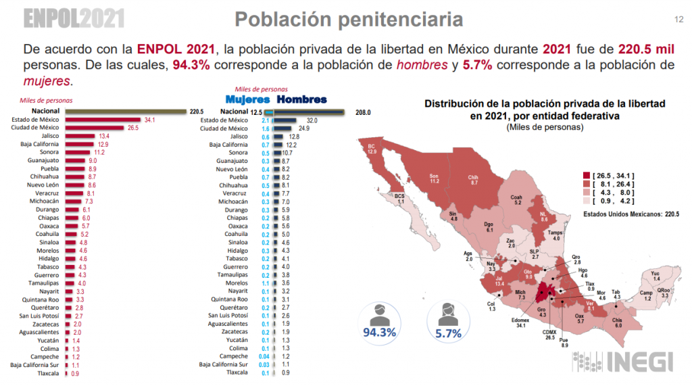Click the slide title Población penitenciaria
coord(349,19)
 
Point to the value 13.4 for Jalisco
coord(104,136)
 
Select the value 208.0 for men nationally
coord(364,112)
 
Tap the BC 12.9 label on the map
coord(372,149)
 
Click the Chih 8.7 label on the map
coord(474,180)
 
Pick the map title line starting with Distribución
coord(544,104)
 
